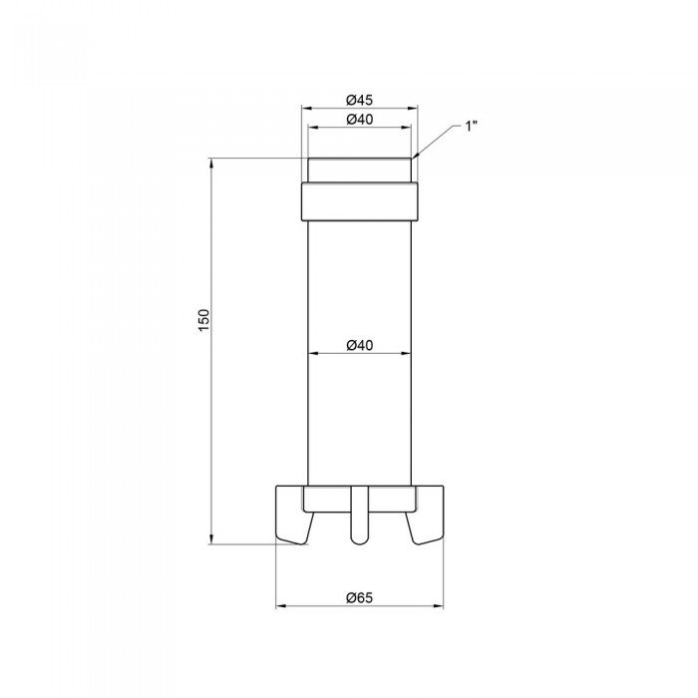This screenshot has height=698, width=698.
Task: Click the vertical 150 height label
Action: tap(203, 320)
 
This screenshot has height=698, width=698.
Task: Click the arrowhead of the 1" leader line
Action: tap(415, 157)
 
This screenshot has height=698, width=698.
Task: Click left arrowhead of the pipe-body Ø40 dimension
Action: tap(311, 353)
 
